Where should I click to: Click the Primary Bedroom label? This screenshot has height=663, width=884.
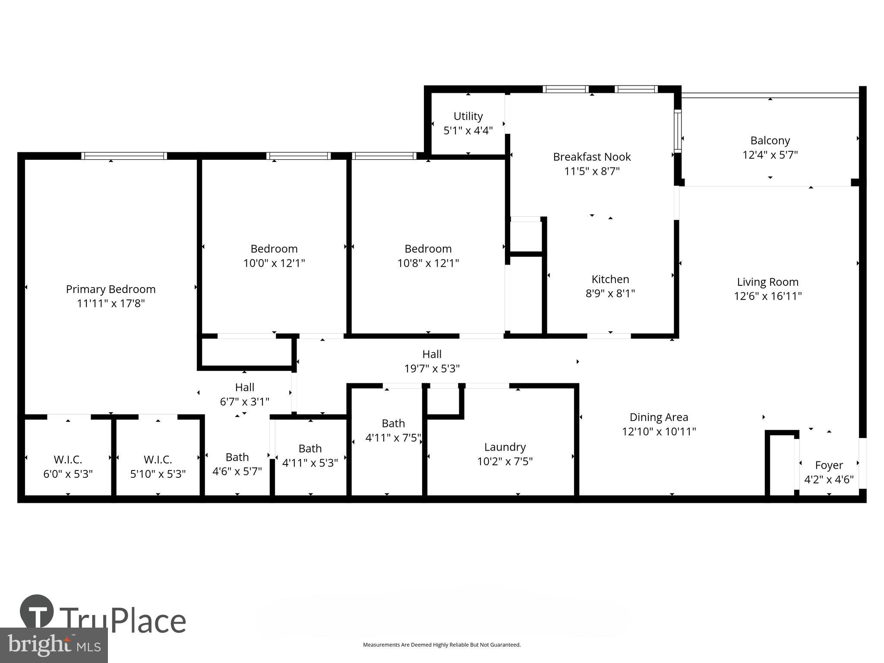coord(110,289)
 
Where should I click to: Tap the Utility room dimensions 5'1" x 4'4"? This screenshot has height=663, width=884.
coord(468,131)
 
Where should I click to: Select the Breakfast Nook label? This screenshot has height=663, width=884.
coord(592,157)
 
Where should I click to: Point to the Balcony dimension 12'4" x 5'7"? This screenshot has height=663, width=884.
coord(770,155)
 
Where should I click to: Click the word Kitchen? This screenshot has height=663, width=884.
coord(610,279)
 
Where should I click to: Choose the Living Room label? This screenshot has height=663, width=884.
coord(767,282)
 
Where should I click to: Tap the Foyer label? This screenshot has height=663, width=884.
coord(829,465)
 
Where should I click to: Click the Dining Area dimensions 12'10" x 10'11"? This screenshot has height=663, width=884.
coord(659,432)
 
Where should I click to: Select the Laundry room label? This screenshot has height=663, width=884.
coord(505,447)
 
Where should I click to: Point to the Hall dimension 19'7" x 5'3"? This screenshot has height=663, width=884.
coord(432,369)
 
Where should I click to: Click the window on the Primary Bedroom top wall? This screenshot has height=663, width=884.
coord(124,156)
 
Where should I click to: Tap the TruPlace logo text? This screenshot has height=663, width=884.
coord(123,621)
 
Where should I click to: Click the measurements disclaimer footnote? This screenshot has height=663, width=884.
coord(442,645)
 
